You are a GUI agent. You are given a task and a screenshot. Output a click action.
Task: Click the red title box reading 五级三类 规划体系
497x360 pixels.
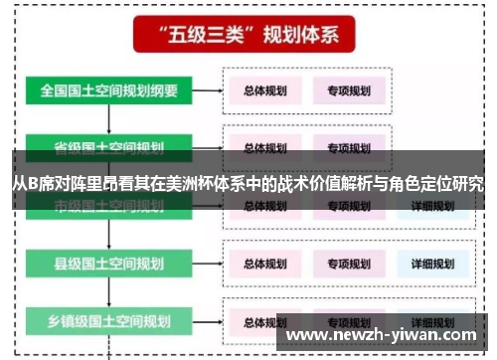[248, 37]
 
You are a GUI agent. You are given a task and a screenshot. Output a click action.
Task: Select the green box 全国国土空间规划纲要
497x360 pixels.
[108, 90]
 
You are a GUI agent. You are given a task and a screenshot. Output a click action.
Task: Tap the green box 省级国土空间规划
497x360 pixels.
[108, 146]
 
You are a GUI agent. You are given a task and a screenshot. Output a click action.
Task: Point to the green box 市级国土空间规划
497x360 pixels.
[108, 206]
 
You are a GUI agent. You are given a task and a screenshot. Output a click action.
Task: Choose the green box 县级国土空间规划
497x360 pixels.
[108, 264]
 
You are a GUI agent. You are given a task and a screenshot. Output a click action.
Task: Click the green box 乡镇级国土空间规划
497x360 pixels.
[108, 321]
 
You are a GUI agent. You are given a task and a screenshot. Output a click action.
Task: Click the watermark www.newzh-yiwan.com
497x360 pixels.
[387, 335]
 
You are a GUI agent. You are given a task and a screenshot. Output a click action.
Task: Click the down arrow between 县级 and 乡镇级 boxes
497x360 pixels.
[108, 292]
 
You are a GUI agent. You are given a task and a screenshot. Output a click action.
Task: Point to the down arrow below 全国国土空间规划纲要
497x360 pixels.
[108, 118]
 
